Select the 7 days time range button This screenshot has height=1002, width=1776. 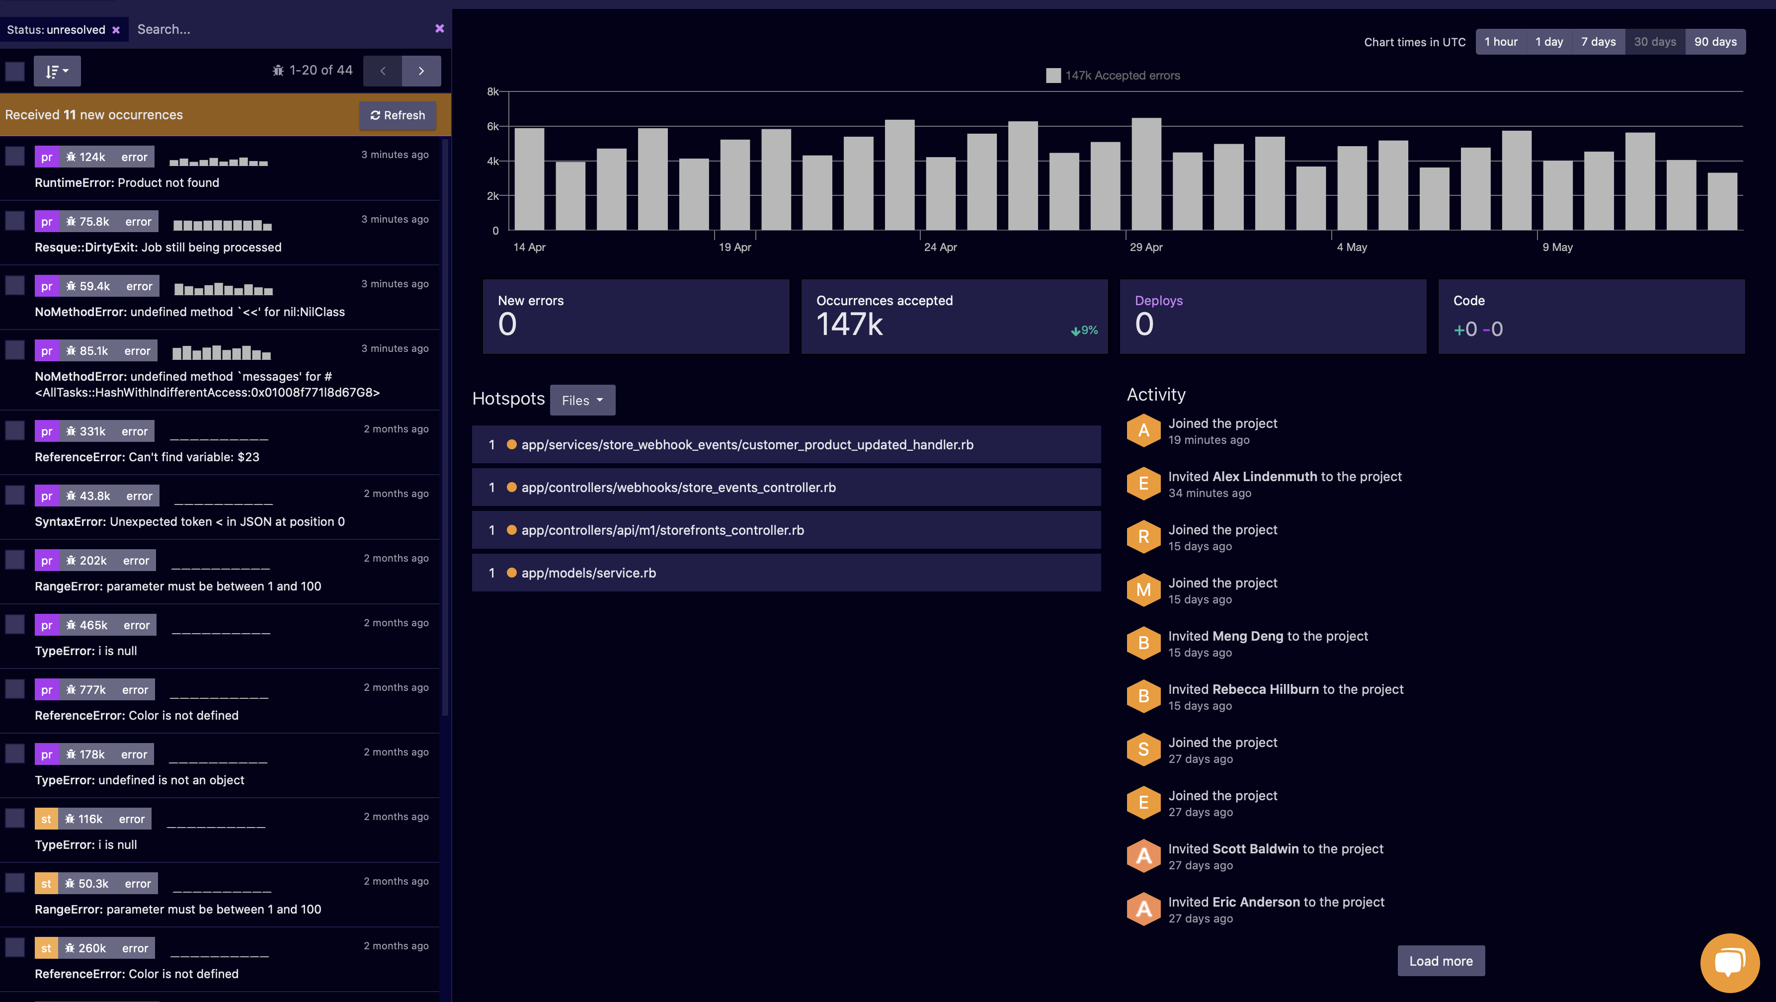1598,41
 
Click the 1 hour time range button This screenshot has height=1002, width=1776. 1500,41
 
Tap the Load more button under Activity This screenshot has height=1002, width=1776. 1440,961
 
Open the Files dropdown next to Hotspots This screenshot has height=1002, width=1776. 582,400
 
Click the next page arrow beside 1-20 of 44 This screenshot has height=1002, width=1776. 420,71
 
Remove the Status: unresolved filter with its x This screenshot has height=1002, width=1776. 116,30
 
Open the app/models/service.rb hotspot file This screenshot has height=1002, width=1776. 588,573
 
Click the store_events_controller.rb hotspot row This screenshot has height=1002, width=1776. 678,488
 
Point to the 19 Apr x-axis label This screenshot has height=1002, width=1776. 734,247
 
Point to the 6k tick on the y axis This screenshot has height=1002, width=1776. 492,126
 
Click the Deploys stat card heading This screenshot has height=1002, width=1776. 1158,301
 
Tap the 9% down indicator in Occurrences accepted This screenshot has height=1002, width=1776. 1084,331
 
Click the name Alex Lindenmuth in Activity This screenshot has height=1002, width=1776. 1265,477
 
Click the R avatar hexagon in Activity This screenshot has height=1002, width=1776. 1143,536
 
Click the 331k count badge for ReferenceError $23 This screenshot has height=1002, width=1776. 92,431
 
